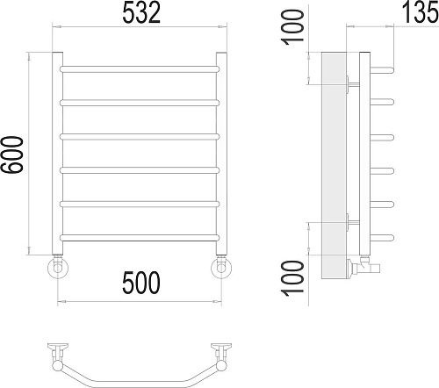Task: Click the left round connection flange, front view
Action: coord(58,266)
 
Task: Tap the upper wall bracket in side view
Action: coord(351,83)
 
